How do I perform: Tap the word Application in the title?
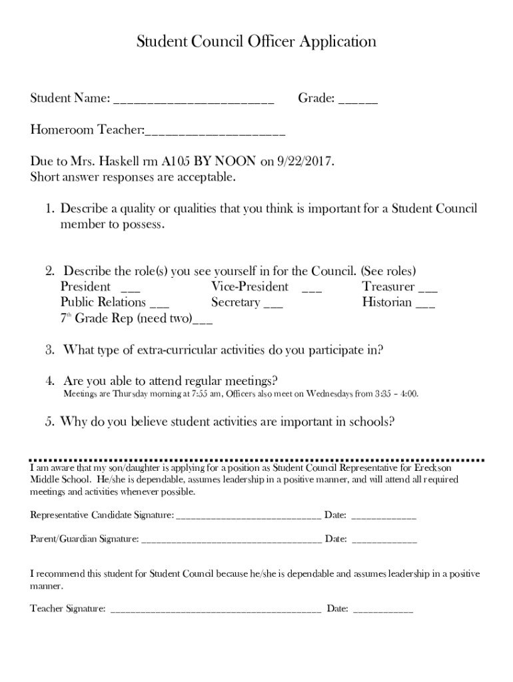point(337,42)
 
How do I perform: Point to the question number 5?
point(50,422)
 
